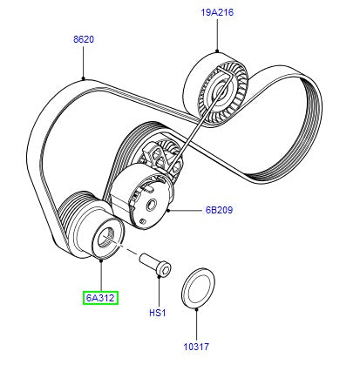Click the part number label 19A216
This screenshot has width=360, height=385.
[218, 12]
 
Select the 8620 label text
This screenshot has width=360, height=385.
[84, 39]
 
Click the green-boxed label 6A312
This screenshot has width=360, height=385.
[101, 298]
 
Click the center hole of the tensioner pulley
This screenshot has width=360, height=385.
[150, 206]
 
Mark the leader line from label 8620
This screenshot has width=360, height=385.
[84, 61]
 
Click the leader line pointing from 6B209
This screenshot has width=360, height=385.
[187, 210]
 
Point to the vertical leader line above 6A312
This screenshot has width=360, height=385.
[101, 274]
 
